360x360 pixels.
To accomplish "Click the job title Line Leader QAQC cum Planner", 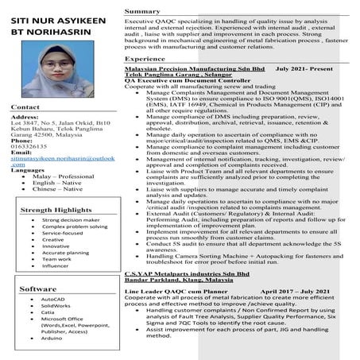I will click(x=172, y=292).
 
